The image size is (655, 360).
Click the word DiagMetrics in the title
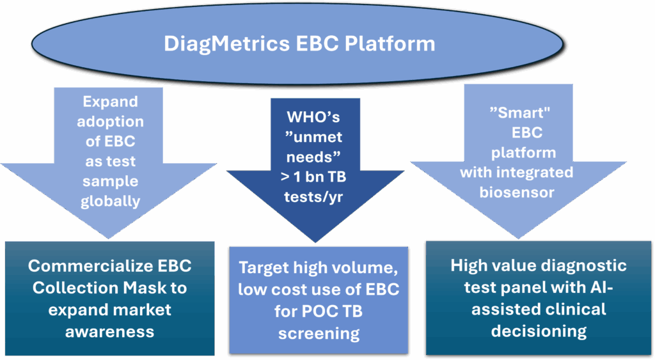tap(226, 44)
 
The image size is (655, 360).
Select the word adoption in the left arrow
tap(110, 122)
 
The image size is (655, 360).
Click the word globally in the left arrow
tap(110, 201)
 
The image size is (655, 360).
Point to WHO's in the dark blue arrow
tap(313, 117)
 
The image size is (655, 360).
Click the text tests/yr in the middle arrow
tap(313, 197)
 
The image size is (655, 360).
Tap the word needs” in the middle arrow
tap(313, 157)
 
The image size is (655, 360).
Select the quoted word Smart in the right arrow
tap(519, 113)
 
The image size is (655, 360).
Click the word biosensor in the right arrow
tap(517, 192)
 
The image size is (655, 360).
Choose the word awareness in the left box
tap(109, 332)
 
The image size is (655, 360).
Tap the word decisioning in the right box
tap(539, 331)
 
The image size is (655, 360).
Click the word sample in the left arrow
tap(110, 182)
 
